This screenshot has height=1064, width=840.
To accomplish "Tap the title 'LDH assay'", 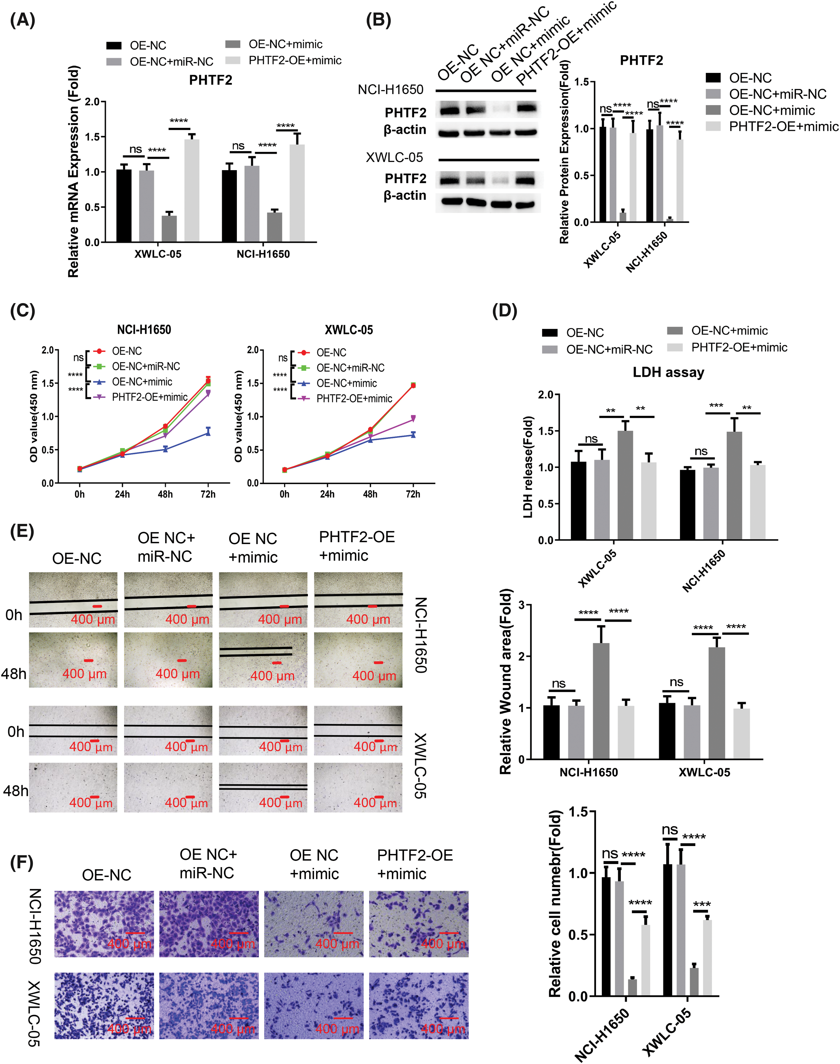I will (x=668, y=372).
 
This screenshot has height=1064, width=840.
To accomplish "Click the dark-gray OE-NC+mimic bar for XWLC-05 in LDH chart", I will (x=625, y=485).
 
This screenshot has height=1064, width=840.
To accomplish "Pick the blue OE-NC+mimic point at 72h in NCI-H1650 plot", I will (x=208, y=432).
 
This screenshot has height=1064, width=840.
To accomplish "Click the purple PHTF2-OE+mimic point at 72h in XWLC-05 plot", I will (x=413, y=419).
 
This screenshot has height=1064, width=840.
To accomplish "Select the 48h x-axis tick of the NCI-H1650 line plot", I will (x=165, y=494).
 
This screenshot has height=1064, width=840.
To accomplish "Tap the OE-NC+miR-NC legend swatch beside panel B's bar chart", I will (x=713, y=94).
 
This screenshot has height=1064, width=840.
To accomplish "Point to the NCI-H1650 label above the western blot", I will (x=390, y=90).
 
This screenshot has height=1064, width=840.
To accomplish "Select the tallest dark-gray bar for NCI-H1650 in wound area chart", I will (x=601, y=701).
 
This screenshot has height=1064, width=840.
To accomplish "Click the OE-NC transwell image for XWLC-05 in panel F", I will (x=104, y=1005).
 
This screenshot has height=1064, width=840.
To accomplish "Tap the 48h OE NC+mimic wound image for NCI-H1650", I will (x=263, y=660).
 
